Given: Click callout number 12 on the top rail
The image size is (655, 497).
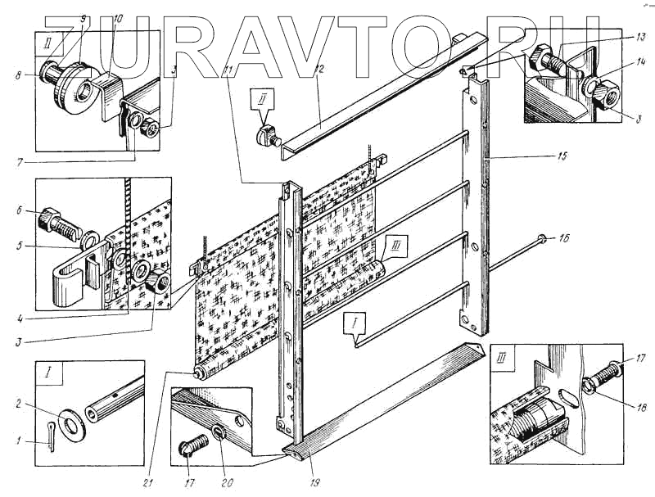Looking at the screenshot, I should tap(321, 68).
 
